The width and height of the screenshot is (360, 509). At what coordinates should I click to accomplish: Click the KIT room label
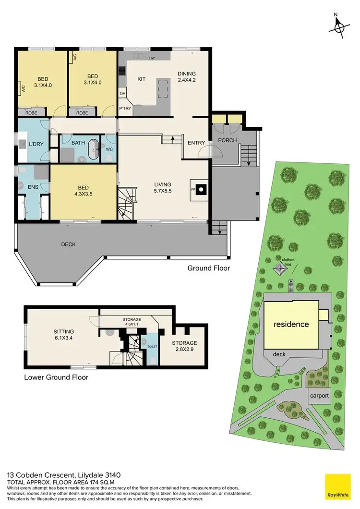(142, 78)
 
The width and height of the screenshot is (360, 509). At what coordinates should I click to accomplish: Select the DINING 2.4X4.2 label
(187, 77)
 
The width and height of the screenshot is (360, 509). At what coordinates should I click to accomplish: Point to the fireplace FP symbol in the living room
(200, 189)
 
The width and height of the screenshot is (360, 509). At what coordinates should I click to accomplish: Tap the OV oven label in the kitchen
(122, 93)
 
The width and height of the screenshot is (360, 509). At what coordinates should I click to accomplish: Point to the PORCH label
(226, 140)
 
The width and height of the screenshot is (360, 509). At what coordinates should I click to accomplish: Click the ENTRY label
(196, 143)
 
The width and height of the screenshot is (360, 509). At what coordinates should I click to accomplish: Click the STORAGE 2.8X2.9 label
(184, 346)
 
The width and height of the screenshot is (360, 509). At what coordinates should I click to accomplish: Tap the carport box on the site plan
(319, 396)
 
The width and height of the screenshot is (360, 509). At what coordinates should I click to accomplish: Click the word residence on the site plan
(291, 324)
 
